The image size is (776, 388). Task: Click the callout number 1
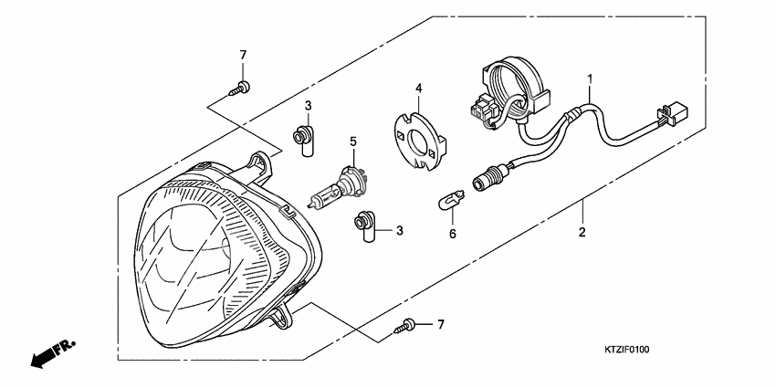click(591, 79)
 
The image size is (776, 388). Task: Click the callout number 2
click(582, 232)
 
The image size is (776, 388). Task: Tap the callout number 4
click(418, 89)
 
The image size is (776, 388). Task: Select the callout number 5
click(352, 142)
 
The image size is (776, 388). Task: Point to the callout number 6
click(451, 234)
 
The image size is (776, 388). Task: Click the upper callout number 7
click(244, 56)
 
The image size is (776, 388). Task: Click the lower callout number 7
click(440, 325)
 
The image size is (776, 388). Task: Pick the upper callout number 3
click(309, 107)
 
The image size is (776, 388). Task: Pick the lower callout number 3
click(399, 232)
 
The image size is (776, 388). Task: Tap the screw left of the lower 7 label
click(406, 325)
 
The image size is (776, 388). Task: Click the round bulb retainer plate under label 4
click(421, 137)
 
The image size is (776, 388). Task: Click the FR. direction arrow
click(52, 353)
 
